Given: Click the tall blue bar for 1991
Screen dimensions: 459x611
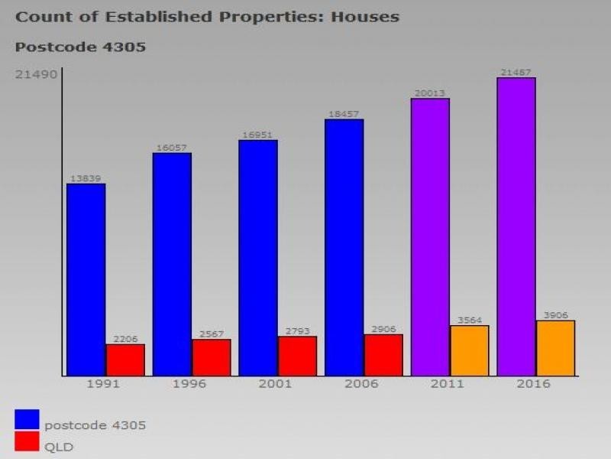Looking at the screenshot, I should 86,279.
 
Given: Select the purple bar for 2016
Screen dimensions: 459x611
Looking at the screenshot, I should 516,226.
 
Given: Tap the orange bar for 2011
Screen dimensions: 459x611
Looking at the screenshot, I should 469,350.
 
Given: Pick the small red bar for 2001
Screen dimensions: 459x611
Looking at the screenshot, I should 297,356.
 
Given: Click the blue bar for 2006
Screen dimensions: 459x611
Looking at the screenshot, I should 344,247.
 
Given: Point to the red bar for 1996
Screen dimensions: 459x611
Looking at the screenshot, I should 211,357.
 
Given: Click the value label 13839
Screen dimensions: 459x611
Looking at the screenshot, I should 86,178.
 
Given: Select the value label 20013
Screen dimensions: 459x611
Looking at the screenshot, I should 430,93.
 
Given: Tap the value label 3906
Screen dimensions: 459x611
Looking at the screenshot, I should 555,315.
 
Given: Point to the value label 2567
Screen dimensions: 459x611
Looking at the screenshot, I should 211,334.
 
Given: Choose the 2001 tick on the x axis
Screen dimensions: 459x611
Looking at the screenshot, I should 275,384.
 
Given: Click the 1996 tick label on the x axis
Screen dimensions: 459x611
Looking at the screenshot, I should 189,384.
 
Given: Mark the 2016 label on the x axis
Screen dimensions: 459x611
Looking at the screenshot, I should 533,384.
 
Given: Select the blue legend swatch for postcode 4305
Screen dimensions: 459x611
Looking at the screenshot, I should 27,419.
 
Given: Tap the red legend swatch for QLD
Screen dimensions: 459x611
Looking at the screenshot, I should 27,442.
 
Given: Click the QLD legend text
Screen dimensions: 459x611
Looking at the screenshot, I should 59,447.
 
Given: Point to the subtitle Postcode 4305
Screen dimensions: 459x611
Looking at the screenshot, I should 80,47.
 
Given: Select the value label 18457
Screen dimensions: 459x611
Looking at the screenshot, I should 344,114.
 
